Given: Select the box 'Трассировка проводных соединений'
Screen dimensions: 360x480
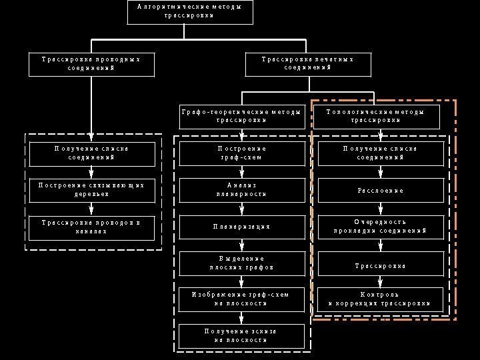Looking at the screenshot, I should [91, 64].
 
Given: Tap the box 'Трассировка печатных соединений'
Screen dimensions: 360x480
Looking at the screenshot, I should [307, 64].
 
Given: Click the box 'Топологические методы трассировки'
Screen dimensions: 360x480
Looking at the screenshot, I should [375, 117].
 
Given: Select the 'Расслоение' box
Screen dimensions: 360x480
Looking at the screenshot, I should [381, 191].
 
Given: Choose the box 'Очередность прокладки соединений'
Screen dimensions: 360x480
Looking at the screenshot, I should [381, 227].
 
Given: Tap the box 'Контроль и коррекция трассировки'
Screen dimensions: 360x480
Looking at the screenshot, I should [381, 299].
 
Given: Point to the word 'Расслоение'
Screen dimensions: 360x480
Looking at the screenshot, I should [381, 191].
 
